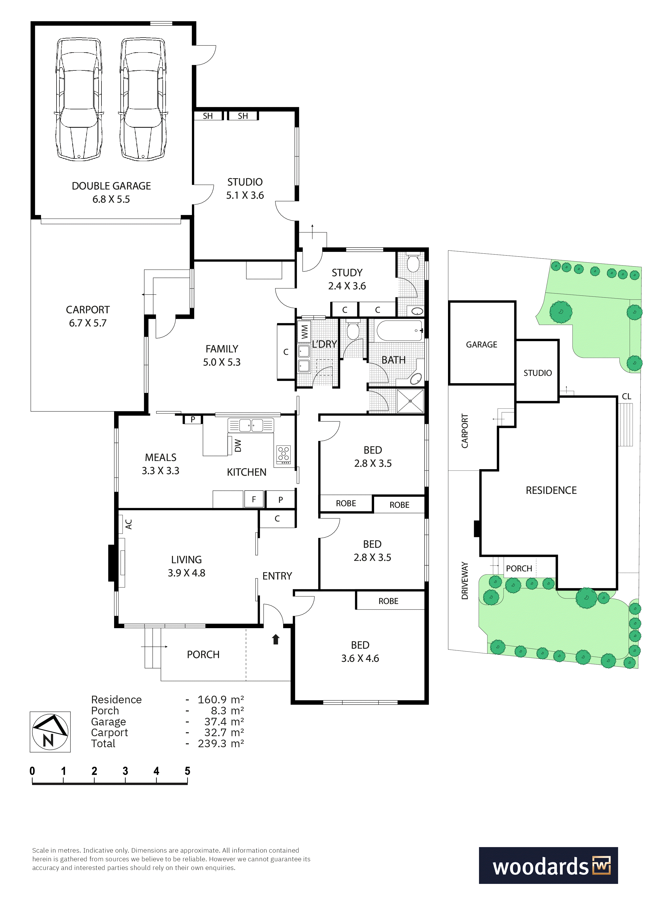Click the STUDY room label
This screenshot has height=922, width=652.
[347, 273]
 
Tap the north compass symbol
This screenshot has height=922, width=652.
[50, 732]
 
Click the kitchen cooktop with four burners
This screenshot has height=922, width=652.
[284, 455]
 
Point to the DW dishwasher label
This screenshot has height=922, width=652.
[238, 445]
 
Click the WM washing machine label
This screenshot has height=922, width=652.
[304, 331]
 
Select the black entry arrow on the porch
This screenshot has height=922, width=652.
[276, 639]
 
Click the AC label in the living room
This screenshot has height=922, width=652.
[129, 524]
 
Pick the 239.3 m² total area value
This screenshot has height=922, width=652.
[221, 743]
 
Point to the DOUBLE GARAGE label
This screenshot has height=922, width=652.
[111, 186]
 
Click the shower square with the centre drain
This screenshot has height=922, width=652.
[410, 401]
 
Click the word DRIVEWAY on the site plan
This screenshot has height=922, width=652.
[465, 581]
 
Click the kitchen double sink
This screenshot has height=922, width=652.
[251, 425]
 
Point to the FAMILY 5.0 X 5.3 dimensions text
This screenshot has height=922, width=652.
[222, 362]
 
